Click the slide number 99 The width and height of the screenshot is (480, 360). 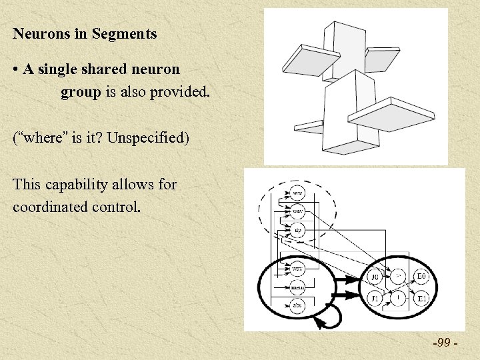point(442,343)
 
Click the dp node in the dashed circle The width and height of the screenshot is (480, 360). point(298,231)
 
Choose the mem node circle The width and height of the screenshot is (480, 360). point(298,287)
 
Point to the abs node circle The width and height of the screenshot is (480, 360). point(298,305)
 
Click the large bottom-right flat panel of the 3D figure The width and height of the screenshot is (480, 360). point(392,113)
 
